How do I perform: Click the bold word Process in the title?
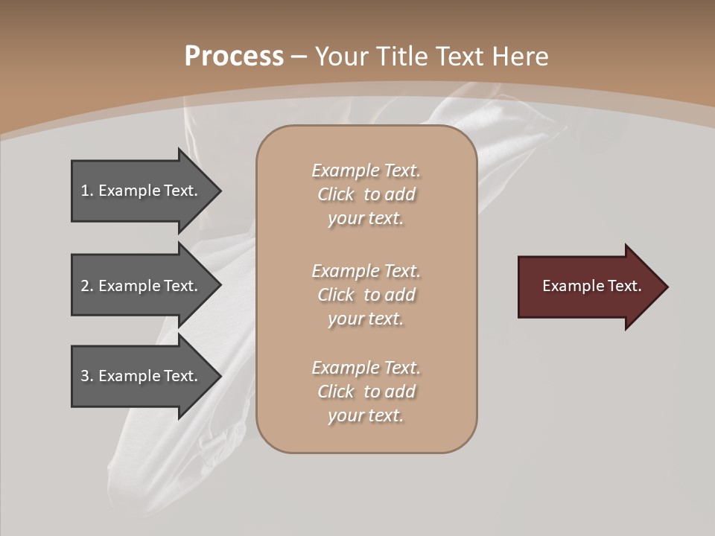click(234, 57)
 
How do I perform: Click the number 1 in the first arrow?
click(85, 191)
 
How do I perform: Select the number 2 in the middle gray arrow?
click(85, 286)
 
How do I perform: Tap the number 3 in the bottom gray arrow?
click(85, 376)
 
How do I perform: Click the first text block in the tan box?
click(366, 194)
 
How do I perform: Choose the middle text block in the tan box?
click(366, 295)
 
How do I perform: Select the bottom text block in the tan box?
click(366, 392)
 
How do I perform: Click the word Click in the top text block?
click(336, 194)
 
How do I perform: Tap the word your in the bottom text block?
click(345, 416)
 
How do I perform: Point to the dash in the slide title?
click(299, 57)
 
